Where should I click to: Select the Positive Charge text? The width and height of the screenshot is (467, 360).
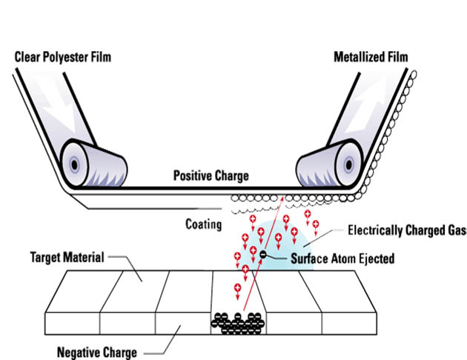[x=211, y=176]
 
